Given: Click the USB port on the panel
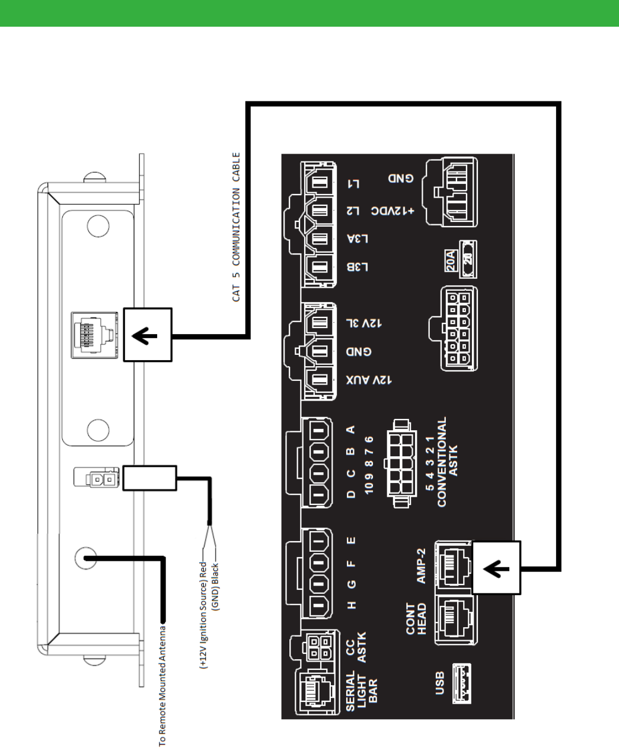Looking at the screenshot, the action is [462, 683].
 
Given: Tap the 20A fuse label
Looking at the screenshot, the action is [451, 260].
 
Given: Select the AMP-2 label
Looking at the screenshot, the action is [421, 565].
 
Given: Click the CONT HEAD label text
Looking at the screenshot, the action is [416, 619].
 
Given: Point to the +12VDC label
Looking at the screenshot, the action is [393, 211].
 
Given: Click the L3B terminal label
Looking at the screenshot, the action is [358, 267].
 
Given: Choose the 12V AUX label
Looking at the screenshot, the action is [369, 380].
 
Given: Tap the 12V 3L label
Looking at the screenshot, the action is [363, 323].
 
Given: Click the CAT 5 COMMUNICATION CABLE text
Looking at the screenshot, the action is [236, 227].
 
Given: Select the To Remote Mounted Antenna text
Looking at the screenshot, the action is [162, 686].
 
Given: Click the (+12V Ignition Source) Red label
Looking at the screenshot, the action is [203, 615].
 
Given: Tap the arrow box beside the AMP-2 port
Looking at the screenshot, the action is [496, 567].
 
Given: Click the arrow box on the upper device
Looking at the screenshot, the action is [148, 335].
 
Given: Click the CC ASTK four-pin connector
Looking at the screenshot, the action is [320, 647].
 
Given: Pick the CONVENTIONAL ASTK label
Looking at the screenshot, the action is [447, 462].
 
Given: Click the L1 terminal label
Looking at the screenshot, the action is [353, 183].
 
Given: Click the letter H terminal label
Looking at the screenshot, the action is [352, 605].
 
